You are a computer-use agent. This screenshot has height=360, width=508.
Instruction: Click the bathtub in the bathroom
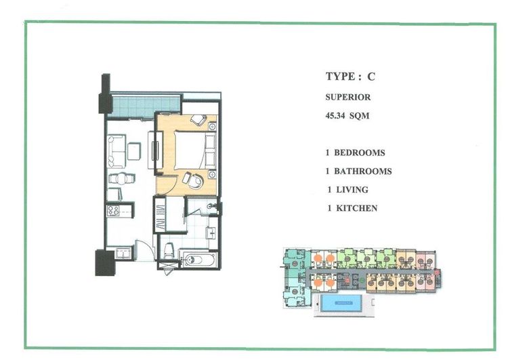198,260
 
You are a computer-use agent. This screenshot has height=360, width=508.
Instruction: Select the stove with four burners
113,211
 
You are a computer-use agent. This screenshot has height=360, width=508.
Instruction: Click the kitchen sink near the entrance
123,254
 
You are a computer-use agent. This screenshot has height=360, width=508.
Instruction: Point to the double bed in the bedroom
195,150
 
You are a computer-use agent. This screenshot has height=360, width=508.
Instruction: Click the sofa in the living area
117,151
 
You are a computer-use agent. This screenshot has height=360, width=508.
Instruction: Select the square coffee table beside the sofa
134,151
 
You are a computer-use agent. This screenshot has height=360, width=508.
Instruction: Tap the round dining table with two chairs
121,179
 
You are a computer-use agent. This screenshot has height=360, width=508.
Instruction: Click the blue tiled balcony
144,106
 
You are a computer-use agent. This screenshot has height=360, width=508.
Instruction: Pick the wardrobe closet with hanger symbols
160,214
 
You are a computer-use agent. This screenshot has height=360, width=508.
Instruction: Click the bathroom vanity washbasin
212,233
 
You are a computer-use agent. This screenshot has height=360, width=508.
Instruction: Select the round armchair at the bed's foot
194,180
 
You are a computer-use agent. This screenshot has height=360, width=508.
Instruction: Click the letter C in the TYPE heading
371,77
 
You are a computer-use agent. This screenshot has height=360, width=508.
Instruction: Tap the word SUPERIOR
348,97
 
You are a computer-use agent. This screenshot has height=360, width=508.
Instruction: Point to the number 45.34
335,115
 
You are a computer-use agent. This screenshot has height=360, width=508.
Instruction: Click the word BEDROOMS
360,153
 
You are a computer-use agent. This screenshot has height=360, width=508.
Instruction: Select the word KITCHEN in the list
357,208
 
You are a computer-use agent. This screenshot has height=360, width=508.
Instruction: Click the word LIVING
352,189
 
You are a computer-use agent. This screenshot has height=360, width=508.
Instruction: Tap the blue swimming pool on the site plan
341,303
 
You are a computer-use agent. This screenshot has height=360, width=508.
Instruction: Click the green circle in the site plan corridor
362,280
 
